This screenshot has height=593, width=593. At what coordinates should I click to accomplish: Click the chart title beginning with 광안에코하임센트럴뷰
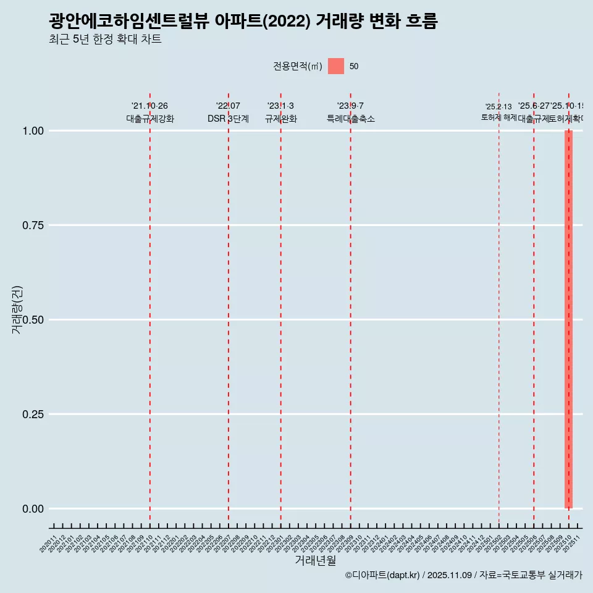click(x=243, y=22)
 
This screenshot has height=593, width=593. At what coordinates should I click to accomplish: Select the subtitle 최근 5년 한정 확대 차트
click(x=105, y=40)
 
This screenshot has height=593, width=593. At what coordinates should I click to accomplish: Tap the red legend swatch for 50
click(x=336, y=66)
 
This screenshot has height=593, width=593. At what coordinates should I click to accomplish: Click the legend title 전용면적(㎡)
click(x=297, y=66)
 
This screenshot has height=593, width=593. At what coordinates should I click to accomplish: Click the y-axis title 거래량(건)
click(x=17, y=309)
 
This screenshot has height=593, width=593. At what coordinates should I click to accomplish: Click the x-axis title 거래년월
click(x=315, y=560)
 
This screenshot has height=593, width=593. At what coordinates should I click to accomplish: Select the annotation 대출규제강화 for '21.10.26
click(x=150, y=119)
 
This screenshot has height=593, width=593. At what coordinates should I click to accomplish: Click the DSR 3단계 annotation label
click(x=228, y=119)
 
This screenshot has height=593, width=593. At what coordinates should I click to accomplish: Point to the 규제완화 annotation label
click(x=281, y=119)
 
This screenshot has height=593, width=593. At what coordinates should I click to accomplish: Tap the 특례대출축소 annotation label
click(x=351, y=119)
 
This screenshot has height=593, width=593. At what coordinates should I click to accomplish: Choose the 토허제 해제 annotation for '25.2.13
click(x=498, y=117)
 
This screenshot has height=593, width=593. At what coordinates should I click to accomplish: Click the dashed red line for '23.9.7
click(x=351, y=309)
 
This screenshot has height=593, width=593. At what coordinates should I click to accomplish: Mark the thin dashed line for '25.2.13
click(x=498, y=309)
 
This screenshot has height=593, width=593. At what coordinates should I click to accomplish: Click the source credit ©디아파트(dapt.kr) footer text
click(x=463, y=575)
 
